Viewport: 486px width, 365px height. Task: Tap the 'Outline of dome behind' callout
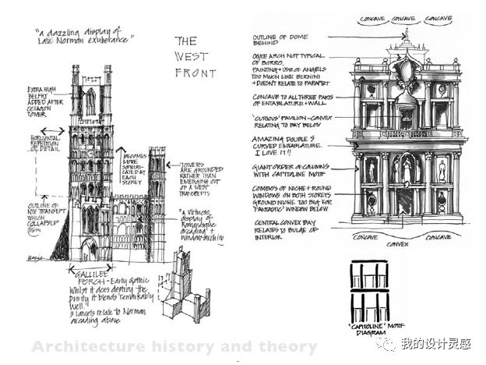tap(280, 41)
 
